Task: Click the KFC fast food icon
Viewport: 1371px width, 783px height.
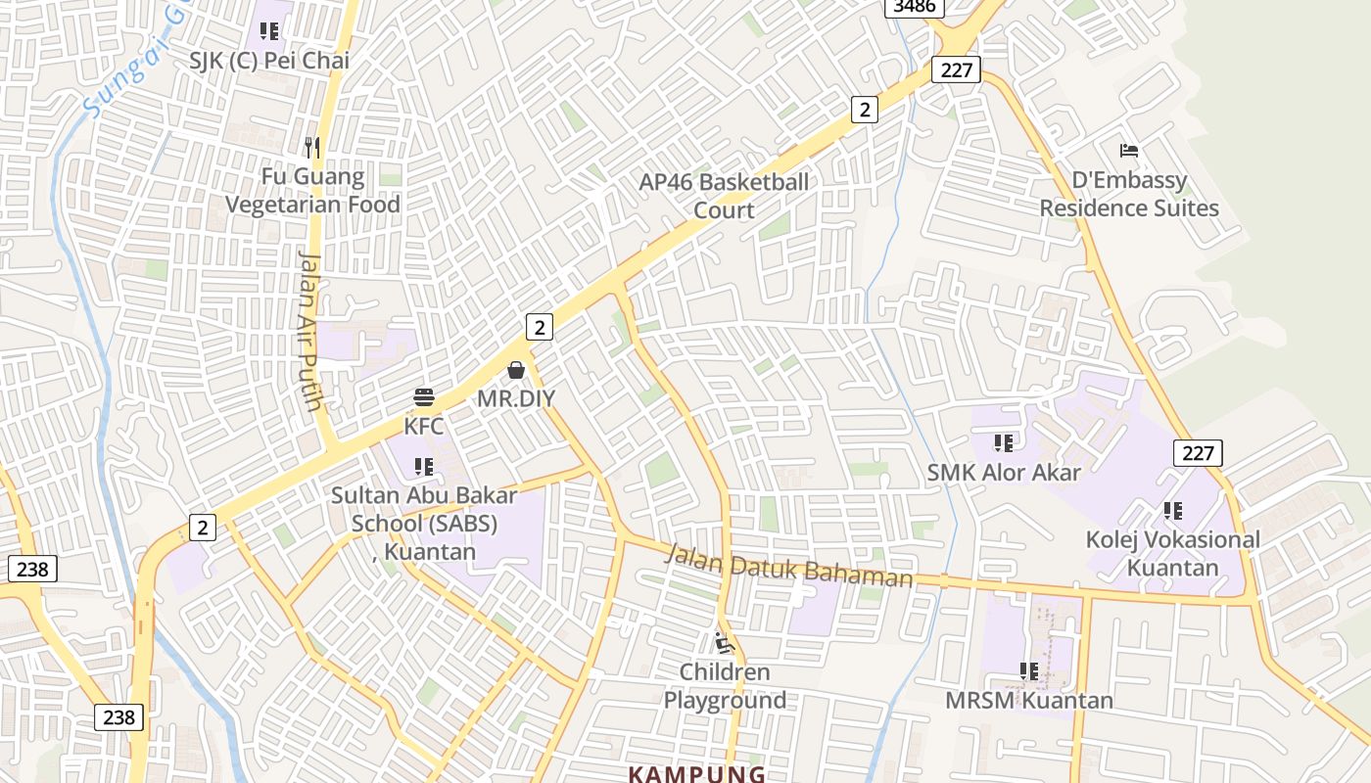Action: click(424, 397)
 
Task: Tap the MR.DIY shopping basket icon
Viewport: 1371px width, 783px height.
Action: click(516, 370)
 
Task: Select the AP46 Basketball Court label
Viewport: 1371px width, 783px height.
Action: click(724, 196)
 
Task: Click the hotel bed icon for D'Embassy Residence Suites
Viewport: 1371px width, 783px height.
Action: click(1129, 151)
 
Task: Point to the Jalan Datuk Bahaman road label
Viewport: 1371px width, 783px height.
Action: click(788, 568)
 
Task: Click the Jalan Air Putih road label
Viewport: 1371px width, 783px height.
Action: click(311, 331)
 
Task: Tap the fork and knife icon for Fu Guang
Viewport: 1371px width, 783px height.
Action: click(312, 148)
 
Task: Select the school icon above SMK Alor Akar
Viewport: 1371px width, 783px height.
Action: click(1004, 443)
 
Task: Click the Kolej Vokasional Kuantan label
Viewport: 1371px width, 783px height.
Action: click(1172, 553)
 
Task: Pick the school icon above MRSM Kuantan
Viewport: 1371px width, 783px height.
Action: click(1028, 671)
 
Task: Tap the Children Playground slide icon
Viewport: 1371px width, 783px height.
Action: click(724, 643)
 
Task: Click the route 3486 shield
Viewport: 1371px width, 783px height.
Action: click(915, 7)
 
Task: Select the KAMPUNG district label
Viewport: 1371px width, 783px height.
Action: click(696, 774)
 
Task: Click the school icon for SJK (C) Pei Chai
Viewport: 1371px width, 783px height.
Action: click(269, 31)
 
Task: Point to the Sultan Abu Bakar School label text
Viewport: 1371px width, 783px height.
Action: click(424, 523)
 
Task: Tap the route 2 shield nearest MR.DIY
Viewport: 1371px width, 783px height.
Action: click(539, 326)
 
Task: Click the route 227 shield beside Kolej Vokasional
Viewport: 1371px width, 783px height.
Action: click(1197, 452)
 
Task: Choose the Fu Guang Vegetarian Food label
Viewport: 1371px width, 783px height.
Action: click(312, 191)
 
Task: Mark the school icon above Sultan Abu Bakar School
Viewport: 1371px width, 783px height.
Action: click(424, 467)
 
